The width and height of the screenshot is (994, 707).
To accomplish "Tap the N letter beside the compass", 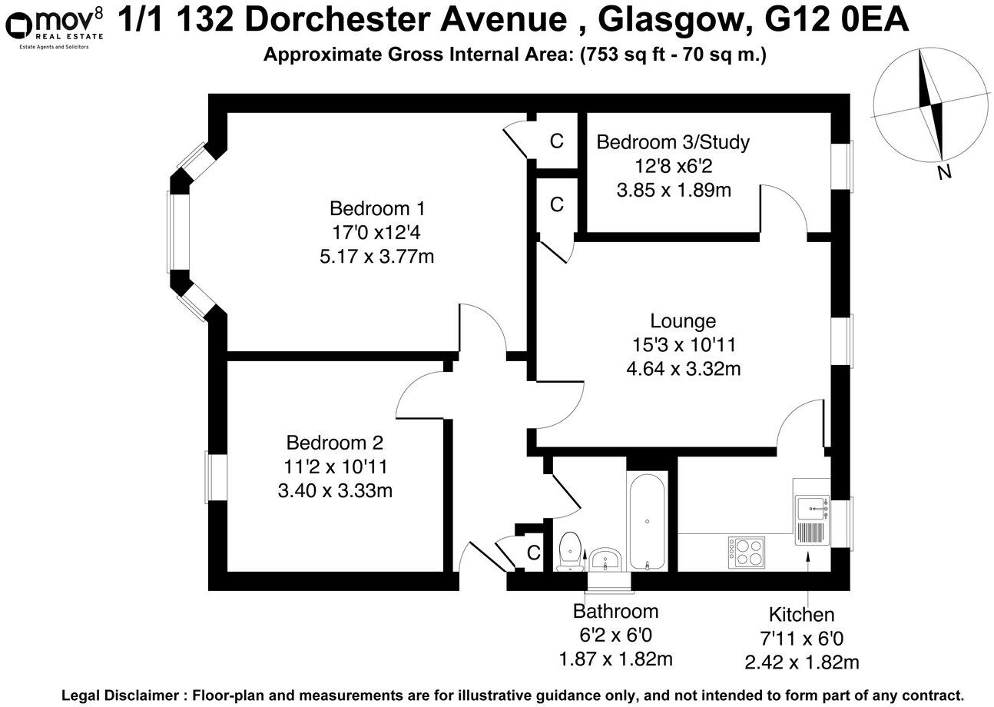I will (x=944, y=172).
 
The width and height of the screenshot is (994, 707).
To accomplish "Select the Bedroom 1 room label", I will (x=376, y=208).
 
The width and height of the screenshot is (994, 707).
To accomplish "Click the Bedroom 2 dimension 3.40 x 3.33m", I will (x=335, y=490).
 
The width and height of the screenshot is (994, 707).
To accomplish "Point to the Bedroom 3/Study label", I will (x=673, y=142).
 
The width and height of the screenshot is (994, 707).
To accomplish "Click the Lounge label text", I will (x=683, y=321).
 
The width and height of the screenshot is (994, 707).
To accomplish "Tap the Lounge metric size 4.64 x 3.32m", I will (x=683, y=369).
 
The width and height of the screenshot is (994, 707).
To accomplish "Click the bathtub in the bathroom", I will (x=648, y=522).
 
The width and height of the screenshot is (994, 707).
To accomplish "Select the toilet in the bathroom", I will (x=570, y=551).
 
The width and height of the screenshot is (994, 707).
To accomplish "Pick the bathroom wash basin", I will (x=608, y=559).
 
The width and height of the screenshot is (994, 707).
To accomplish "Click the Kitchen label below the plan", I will (x=801, y=615).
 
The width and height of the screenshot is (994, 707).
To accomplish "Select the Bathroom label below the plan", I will (x=615, y=612).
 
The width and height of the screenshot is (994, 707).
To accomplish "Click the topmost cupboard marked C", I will (x=557, y=141).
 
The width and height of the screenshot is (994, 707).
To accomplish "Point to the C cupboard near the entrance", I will (x=533, y=553).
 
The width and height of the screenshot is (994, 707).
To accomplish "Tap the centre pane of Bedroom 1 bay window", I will (x=178, y=231).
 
